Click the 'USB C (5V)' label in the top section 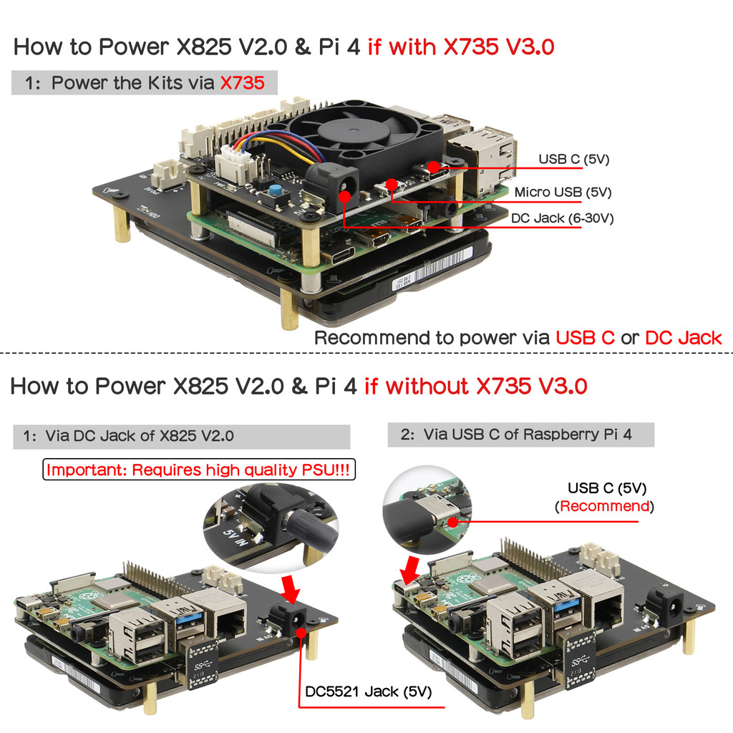[x=573, y=159]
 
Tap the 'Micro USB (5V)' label [x=563, y=192]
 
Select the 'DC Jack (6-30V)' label [x=562, y=218]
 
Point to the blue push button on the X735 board [x=275, y=192]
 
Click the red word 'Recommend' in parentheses [x=606, y=507]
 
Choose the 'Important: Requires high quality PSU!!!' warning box [x=200, y=470]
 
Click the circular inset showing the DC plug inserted [x=271, y=526]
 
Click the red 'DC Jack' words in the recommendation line [x=683, y=338]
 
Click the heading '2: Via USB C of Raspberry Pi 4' [x=520, y=434]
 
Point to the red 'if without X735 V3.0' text [x=475, y=387]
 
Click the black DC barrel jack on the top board [x=331, y=185]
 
